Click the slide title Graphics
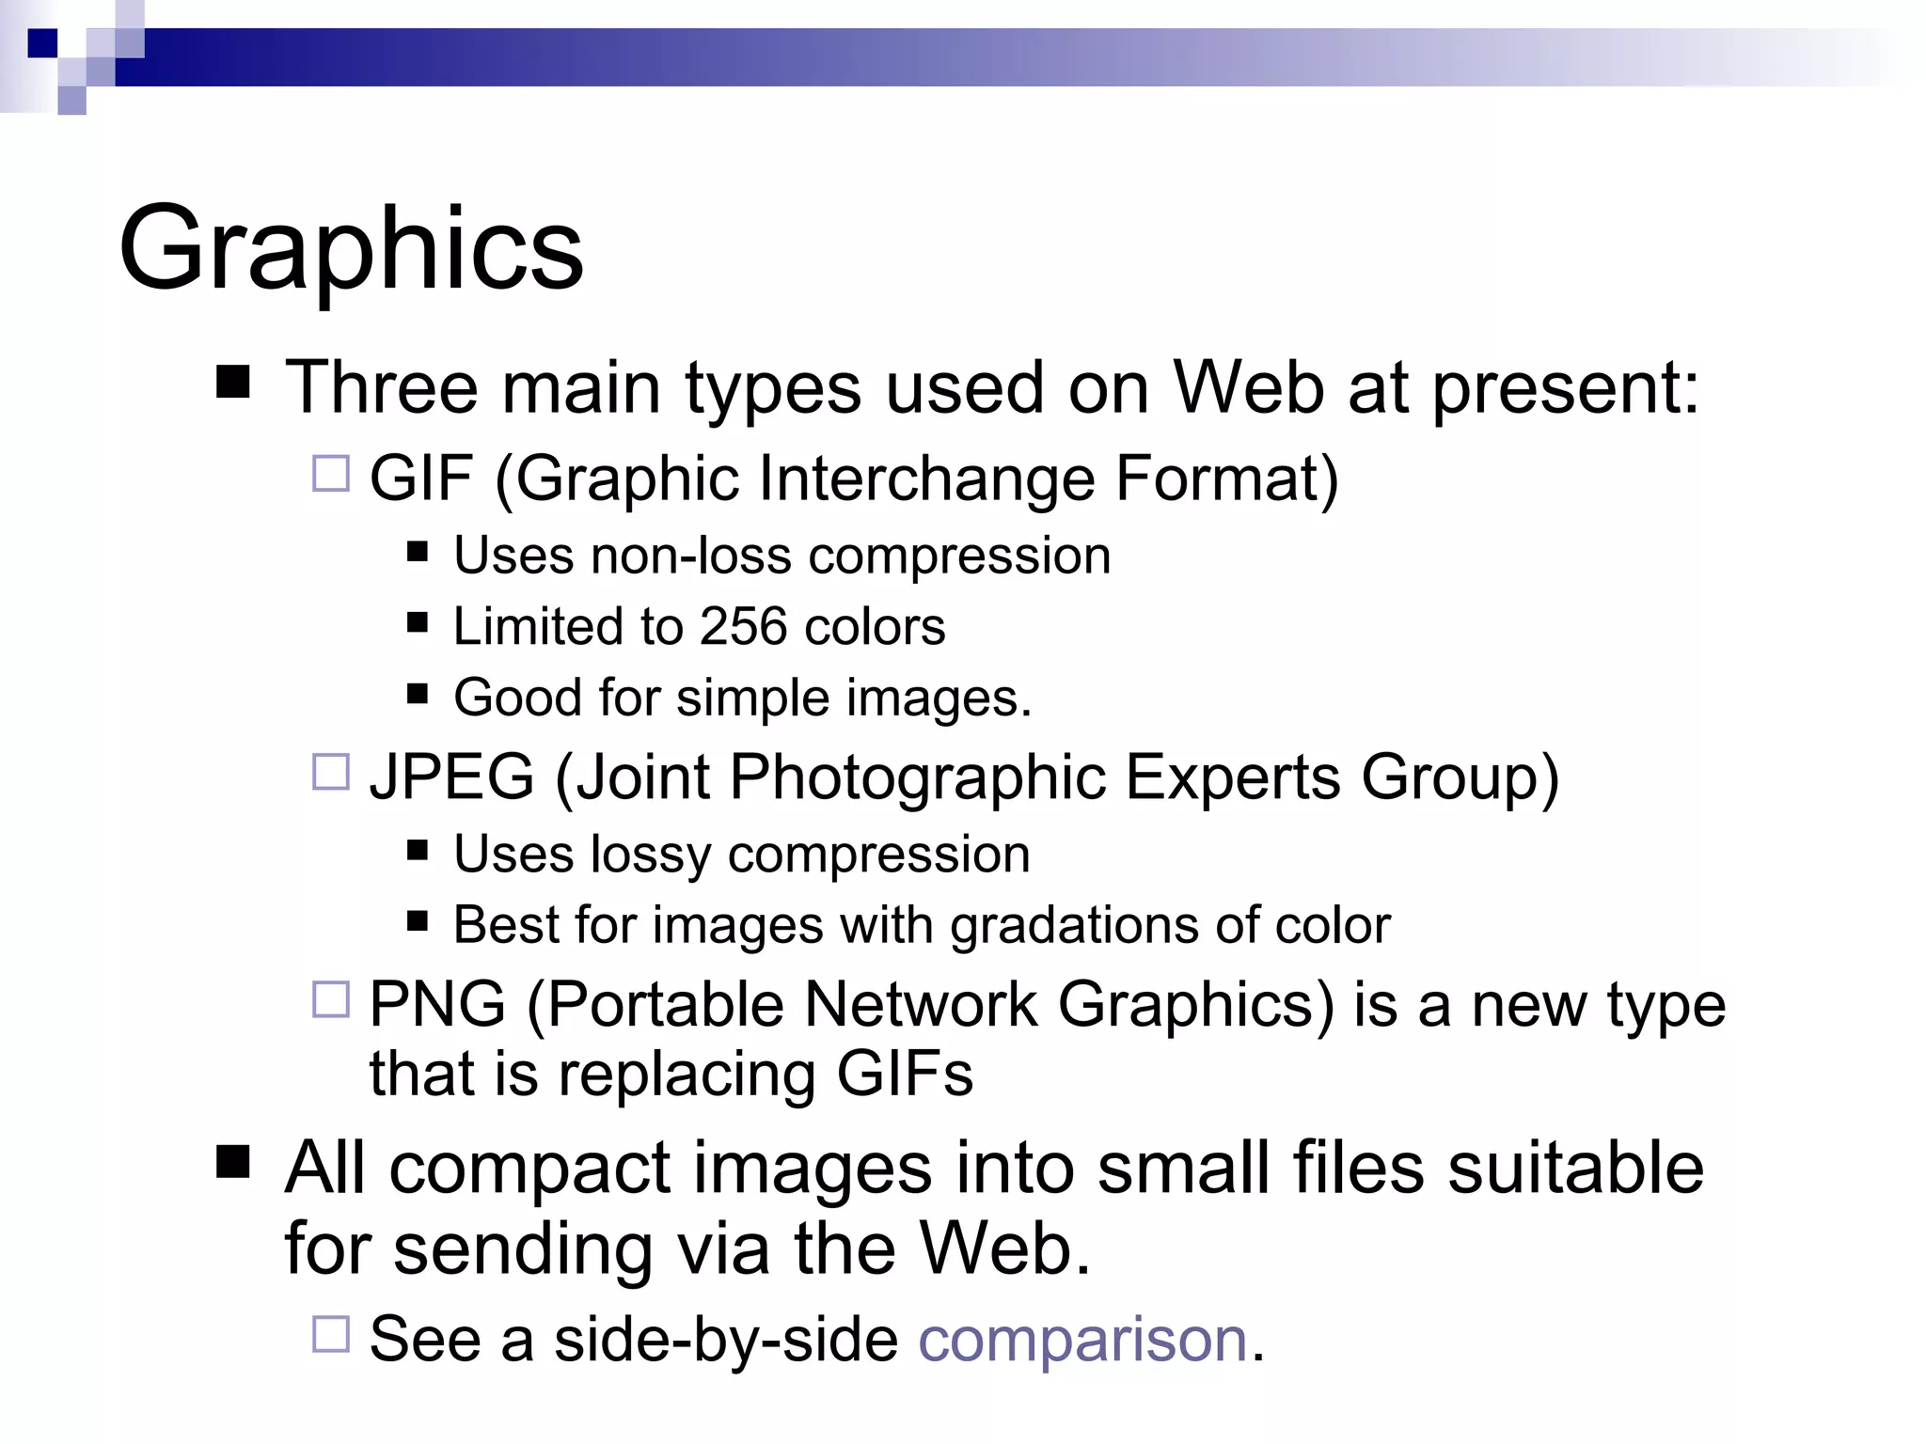click(351, 249)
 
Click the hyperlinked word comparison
click(1081, 1339)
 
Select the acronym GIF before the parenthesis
click(420, 478)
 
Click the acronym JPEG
click(451, 777)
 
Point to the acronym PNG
click(437, 1004)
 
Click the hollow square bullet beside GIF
click(331, 474)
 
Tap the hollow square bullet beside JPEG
click(331, 772)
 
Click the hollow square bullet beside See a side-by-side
click(331, 1334)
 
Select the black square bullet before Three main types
click(233, 383)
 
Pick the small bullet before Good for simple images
click(418, 694)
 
